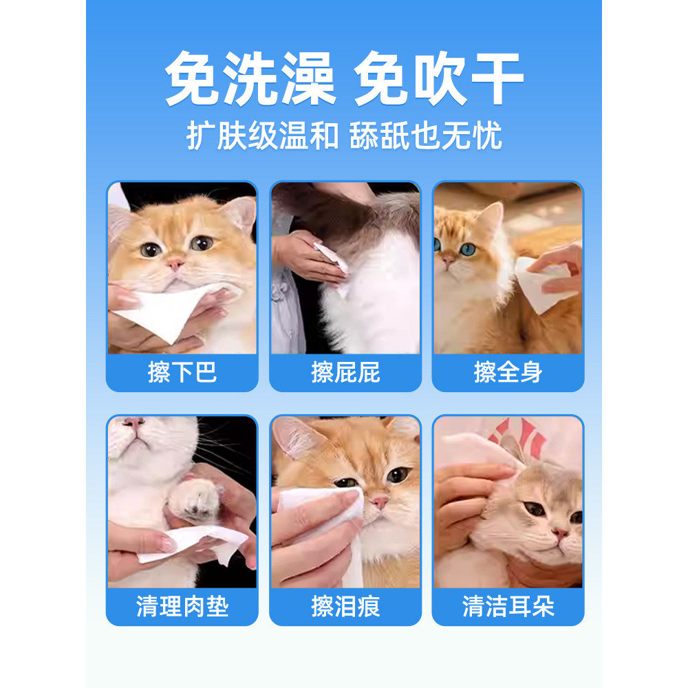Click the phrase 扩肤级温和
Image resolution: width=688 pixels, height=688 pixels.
[x=262, y=136]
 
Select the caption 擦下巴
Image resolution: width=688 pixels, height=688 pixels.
[x=182, y=372]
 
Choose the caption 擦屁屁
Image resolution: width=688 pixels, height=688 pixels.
[x=345, y=372]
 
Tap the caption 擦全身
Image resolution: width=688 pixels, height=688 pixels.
[x=508, y=372]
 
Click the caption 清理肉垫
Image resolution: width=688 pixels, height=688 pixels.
[x=182, y=607]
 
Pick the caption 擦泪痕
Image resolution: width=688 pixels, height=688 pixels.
[x=345, y=607]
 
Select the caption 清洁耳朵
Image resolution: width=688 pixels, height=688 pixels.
[x=508, y=607]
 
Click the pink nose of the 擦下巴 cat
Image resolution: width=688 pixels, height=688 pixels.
[x=175, y=264]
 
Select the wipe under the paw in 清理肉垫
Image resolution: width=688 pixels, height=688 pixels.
[x=196, y=541]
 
